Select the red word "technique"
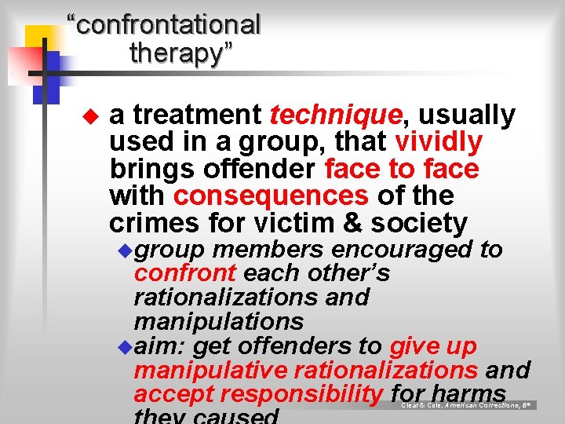(336, 115)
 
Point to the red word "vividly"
(439, 142)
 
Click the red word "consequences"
(271, 196)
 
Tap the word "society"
(419, 223)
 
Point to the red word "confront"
(185, 274)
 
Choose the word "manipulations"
(219, 321)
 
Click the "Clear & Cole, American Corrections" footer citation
(468, 405)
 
